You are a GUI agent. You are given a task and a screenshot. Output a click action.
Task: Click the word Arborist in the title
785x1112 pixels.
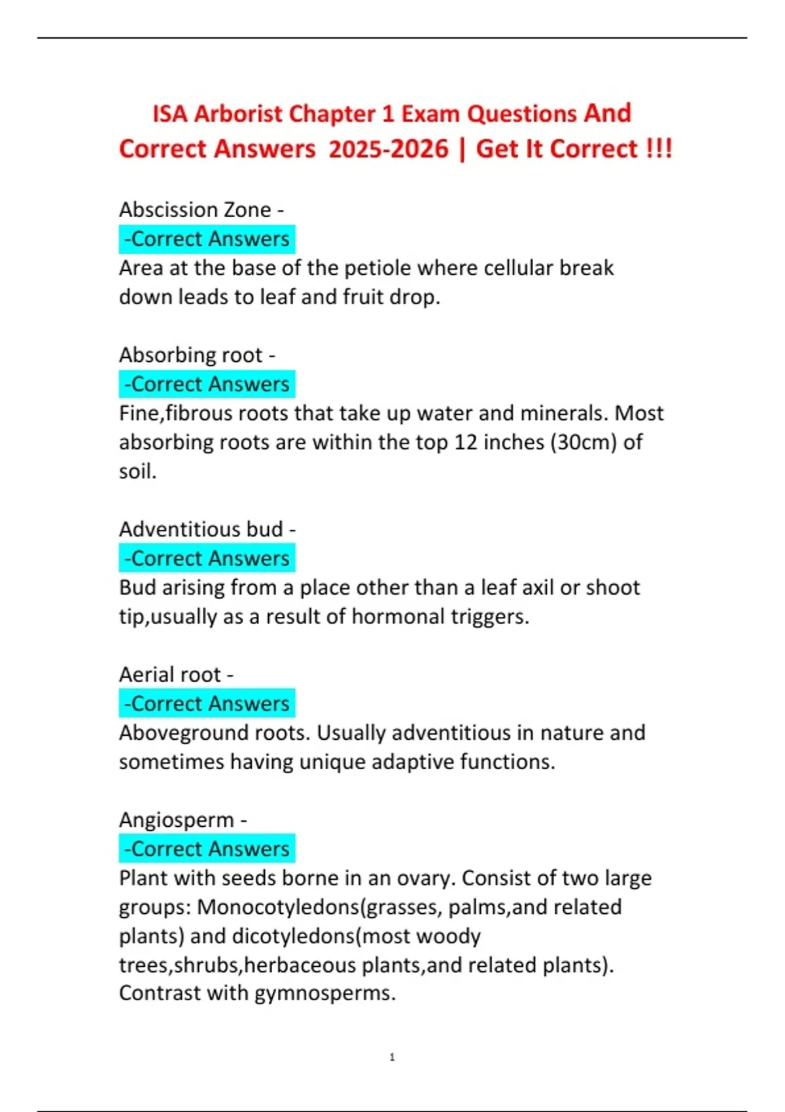pyautogui.click(x=238, y=114)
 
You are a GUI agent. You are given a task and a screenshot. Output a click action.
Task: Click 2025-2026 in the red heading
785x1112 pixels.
pyautogui.click(x=389, y=149)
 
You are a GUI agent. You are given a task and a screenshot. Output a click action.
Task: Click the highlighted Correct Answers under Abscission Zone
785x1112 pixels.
pyautogui.click(x=207, y=239)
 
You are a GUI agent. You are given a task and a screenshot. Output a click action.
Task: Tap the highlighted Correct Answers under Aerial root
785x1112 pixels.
pyautogui.click(x=207, y=704)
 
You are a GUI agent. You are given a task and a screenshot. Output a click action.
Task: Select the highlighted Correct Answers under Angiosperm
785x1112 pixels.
pyautogui.click(x=207, y=849)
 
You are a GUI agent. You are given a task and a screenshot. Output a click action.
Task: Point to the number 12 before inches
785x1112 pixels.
pyautogui.click(x=466, y=442)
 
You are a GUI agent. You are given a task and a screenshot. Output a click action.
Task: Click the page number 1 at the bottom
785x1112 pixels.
pyautogui.click(x=392, y=1057)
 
